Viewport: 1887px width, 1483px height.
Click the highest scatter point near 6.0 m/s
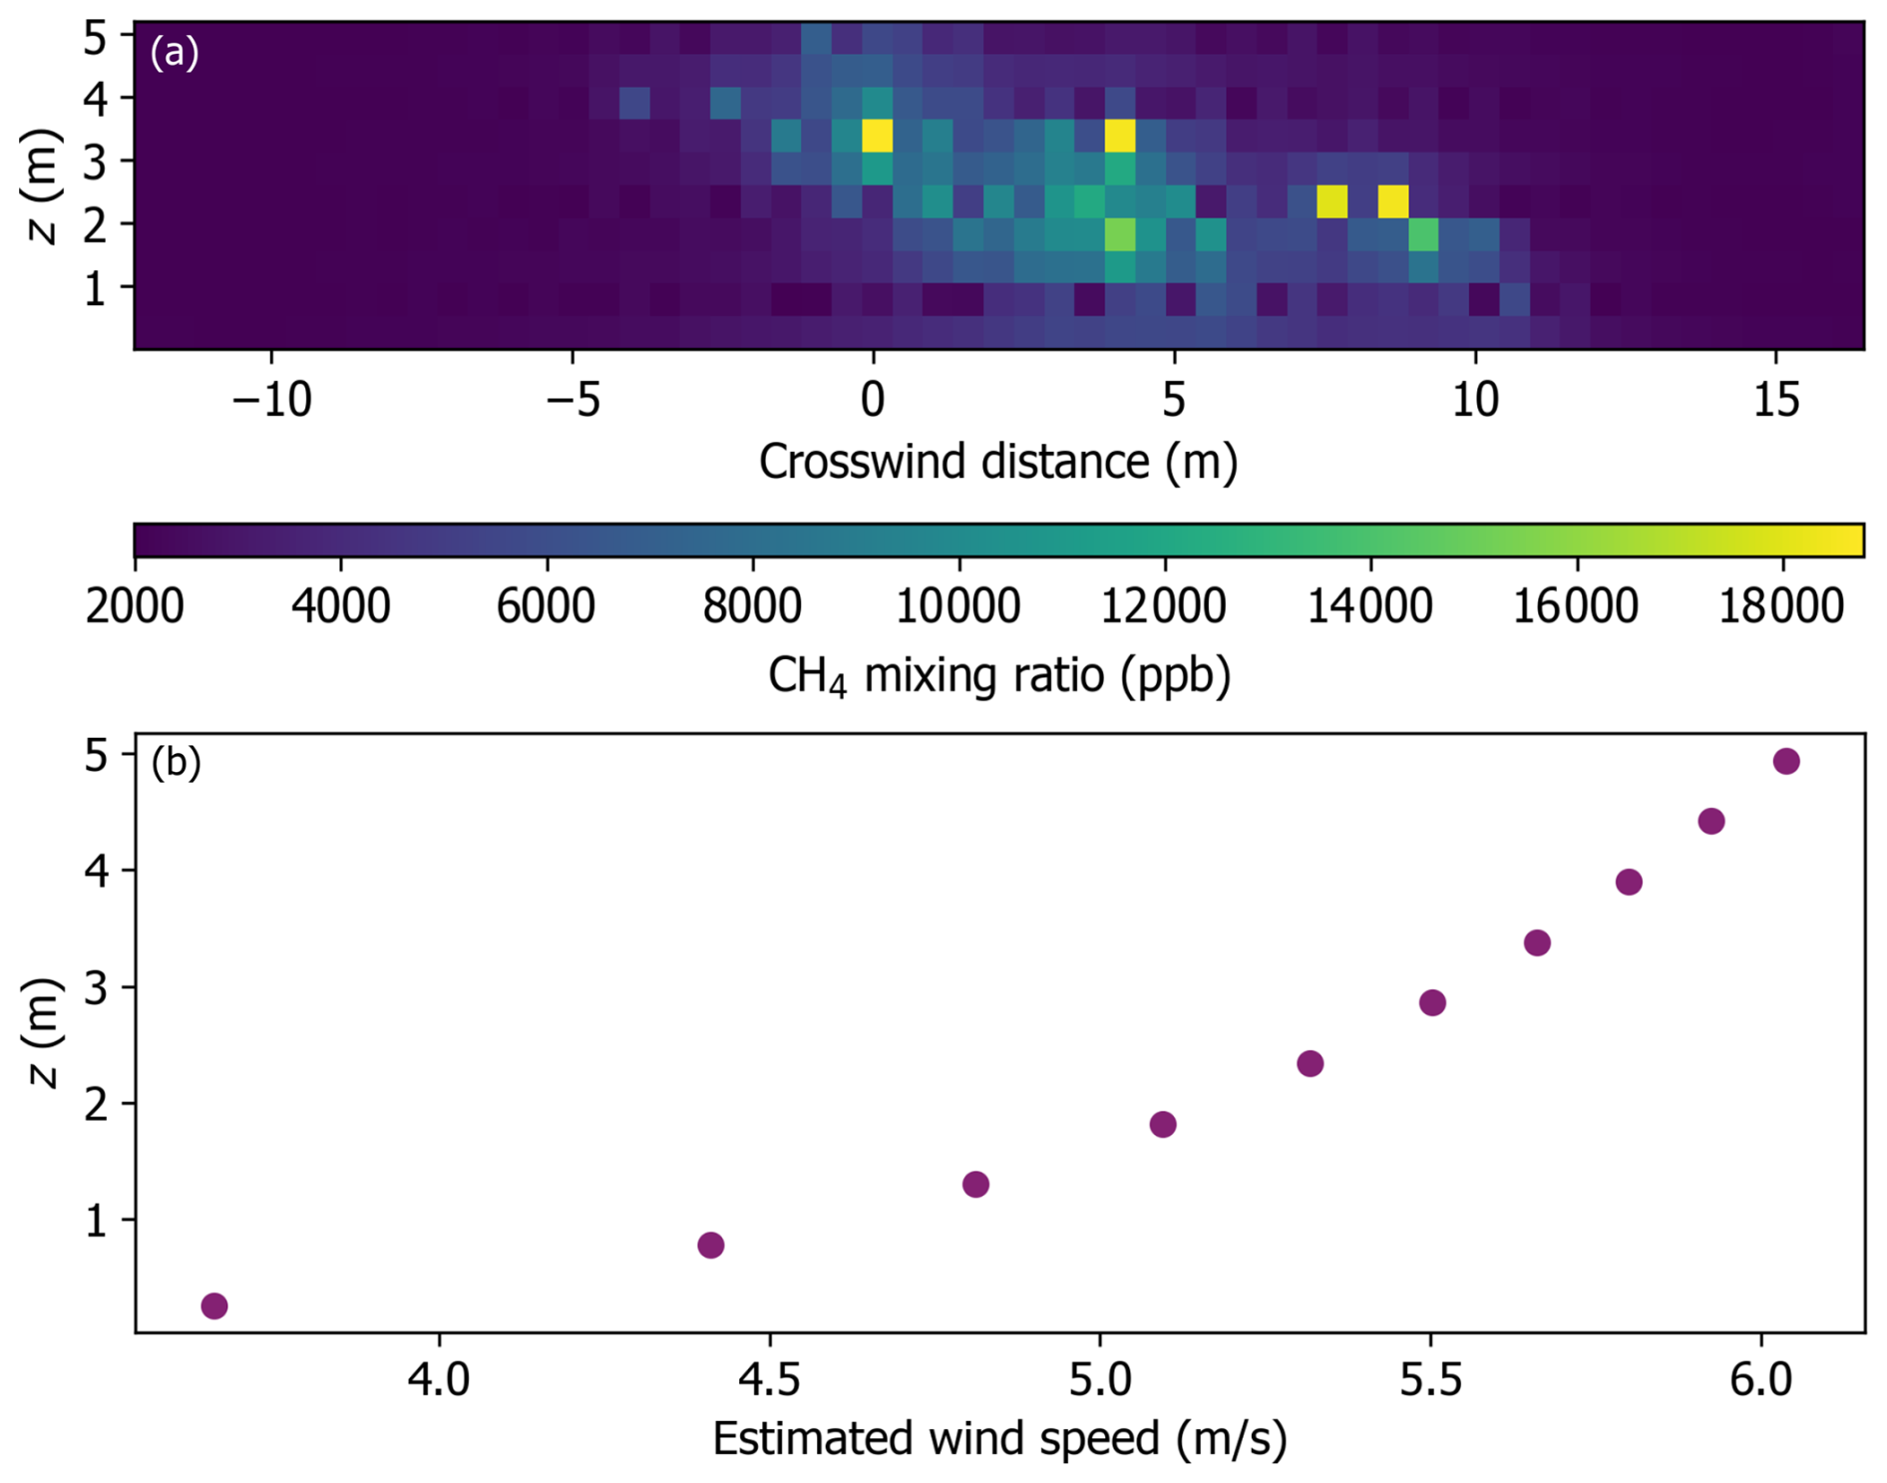(1785, 762)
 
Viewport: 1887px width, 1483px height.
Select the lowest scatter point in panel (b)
(214, 1305)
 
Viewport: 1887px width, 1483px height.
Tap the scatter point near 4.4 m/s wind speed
(710, 1245)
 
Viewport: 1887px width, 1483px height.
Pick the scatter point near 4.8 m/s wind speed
(975, 1184)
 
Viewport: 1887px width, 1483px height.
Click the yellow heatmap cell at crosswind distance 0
(877, 135)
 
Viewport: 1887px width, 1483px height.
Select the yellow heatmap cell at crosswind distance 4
(1120, 135)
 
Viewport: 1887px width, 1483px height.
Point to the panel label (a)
(175, 52)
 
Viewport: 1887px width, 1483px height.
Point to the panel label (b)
(176, 763)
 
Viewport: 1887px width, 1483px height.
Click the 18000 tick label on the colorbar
(1780, 606)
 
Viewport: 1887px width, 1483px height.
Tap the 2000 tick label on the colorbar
(135, 606)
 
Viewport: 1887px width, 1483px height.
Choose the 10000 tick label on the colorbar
(957, 606)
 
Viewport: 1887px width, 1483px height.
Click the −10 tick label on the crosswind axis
(271, 400)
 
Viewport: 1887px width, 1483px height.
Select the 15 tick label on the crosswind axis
(1775, 400)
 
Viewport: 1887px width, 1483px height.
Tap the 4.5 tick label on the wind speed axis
(769, 1380)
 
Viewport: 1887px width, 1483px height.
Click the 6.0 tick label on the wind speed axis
(1760, 1380)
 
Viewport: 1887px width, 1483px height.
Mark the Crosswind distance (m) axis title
(997, 462)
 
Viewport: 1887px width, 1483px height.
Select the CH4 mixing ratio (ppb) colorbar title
(999, 676)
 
